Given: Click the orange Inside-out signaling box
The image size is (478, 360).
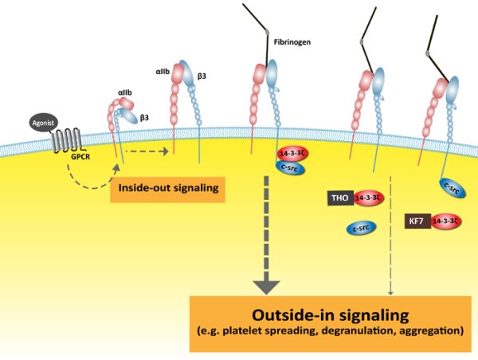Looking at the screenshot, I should (x=167, y=189).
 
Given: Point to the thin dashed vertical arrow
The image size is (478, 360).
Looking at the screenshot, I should (x=390, y=239).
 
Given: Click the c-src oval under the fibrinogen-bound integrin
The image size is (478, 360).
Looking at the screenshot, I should (x=290, y=166).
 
